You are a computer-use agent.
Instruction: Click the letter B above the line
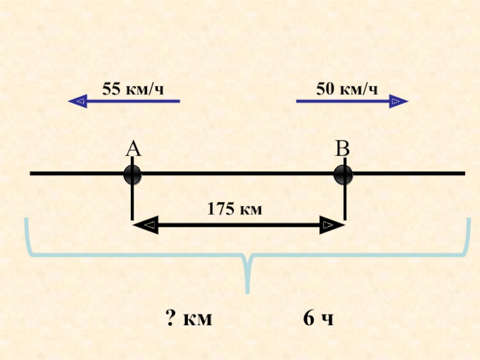342,149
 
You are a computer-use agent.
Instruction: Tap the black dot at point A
133,175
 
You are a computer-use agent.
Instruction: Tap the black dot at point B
344,175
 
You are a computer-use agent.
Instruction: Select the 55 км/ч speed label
133,89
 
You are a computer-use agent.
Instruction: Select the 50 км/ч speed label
347,89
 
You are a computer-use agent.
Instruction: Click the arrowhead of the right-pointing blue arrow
399,101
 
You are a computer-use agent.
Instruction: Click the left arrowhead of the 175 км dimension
143,226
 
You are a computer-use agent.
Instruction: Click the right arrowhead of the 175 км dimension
333,226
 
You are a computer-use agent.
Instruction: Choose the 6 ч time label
318,319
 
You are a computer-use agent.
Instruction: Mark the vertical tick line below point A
132,201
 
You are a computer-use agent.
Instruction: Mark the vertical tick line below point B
344,201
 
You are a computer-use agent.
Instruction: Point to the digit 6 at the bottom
308,319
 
